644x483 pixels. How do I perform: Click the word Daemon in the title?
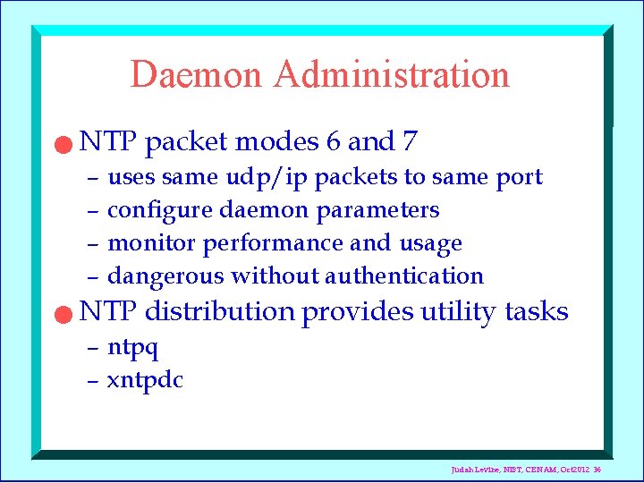(x=198, y=74)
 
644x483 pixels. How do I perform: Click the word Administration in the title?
(x=392, y=74)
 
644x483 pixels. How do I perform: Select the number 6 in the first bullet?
(x=332, y=141)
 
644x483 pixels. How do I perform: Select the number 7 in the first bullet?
(x=410, y=141)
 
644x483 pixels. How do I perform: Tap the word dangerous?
(x=165, y=276)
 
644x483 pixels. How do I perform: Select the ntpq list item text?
(x=132, y=347)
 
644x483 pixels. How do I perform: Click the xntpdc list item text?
(x=145, y=380)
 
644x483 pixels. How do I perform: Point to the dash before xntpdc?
(x=92, y=380)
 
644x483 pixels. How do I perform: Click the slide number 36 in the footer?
(x=597, y=469)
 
